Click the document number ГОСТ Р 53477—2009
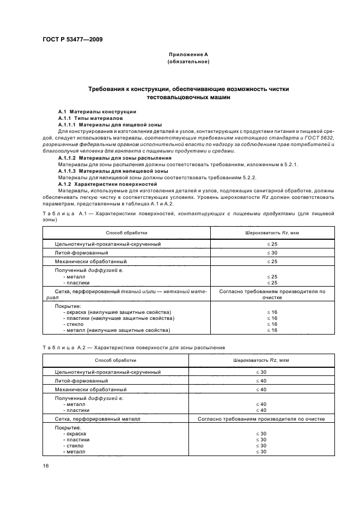click(x=72, y=40)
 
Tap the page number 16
click(x=45, y=466)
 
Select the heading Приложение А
click(x=188, y=55)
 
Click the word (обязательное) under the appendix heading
click(x=188, y=62)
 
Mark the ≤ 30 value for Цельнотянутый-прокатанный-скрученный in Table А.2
click(x=260, y=372)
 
